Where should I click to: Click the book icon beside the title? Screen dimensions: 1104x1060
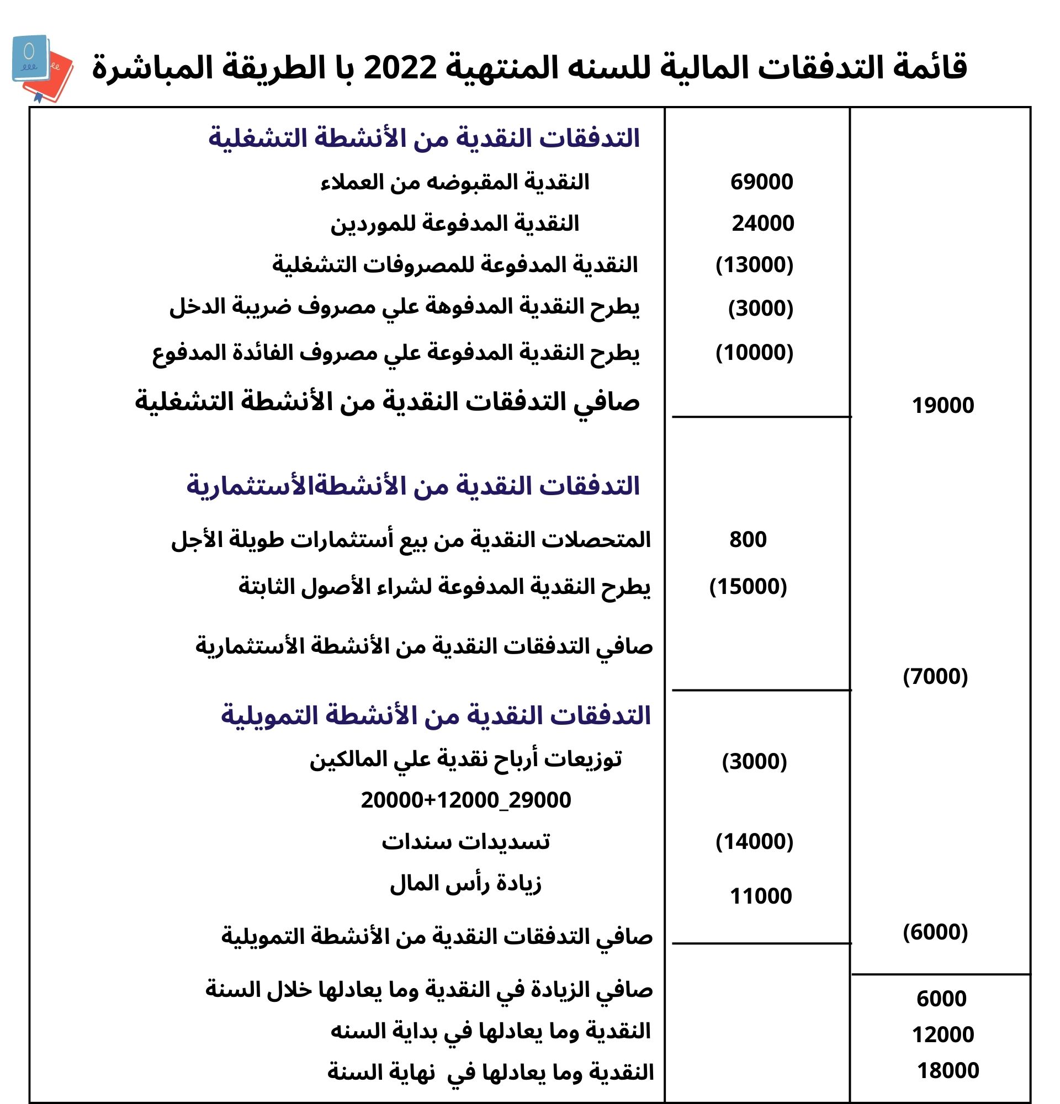point(41,68)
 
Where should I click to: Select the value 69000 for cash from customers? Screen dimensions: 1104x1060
point(761,182)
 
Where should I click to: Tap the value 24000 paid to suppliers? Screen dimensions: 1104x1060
point(762,224)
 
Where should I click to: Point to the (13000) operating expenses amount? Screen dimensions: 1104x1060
point(754,265)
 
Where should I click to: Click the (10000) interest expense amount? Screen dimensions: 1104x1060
point(754,353)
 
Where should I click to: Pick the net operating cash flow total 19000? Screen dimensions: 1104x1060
point(942,406)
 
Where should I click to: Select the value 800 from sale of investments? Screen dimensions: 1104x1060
point(748,540)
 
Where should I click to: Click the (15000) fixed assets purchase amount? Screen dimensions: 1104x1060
point(748,587)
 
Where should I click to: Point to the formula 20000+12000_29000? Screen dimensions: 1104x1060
point(466,800)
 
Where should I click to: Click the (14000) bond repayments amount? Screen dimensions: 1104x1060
point(754,841)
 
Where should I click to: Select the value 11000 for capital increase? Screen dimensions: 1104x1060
point(760,896)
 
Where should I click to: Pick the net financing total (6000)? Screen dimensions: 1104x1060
point(935,932)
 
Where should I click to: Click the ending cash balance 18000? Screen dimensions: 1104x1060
point(948,1071)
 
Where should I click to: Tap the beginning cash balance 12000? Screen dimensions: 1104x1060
point(942,1034)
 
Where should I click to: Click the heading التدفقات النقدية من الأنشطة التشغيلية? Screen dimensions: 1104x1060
point(424,139)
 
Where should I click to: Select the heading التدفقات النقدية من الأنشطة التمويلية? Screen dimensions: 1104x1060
point(436,716)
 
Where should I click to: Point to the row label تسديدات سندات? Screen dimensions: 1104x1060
point(465,841)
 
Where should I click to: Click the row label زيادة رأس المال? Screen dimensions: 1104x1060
point(465,883)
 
